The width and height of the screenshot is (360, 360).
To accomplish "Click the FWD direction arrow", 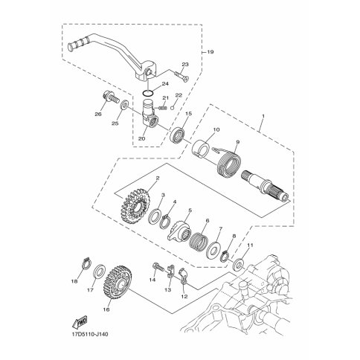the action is [80, 322].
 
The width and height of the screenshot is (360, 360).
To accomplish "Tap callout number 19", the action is [210, 52].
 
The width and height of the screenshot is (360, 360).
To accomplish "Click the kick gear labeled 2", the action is [134, 205].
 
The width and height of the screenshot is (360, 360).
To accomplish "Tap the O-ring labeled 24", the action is [148, 94].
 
